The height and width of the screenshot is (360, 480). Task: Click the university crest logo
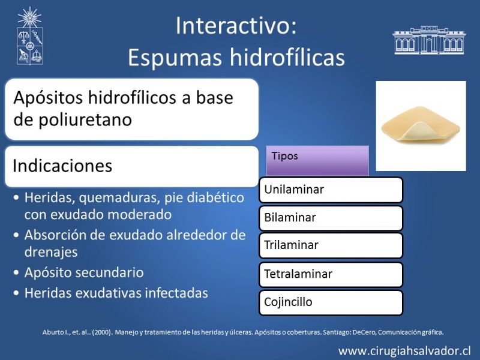coord(29,36)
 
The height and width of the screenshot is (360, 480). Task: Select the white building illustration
coord(429,40)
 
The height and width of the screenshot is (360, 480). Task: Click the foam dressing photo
coord(421,126)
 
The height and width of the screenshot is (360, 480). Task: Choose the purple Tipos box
coord(317,161)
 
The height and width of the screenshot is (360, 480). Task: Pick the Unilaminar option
coord(331,190)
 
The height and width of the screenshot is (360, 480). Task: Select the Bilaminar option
coord(331,218)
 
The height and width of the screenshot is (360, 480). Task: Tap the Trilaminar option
coord(331,245)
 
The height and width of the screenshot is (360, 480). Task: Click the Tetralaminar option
coord(331,274)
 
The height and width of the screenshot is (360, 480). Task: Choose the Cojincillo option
coord(331,302)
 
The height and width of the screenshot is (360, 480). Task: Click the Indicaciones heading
coord(62,166)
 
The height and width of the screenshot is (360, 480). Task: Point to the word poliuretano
coord(85,119)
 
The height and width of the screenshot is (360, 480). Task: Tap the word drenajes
coord(51,252)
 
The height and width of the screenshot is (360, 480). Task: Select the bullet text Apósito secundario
coord(84,273)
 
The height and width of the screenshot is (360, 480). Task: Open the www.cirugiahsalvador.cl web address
coord(404,351)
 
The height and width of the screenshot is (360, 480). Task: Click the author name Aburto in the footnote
coord(53,332)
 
